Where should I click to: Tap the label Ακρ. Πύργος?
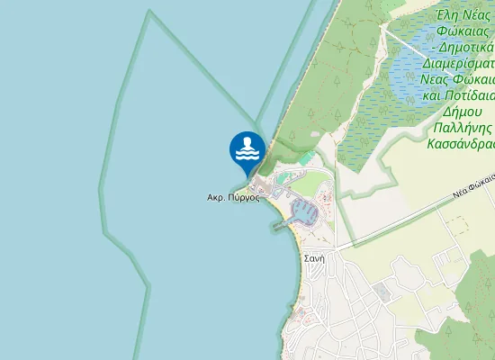point(233,197)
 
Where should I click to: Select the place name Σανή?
point(314,257)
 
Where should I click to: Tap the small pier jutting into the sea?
point(274,225)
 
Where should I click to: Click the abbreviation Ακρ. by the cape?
point(216,197)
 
